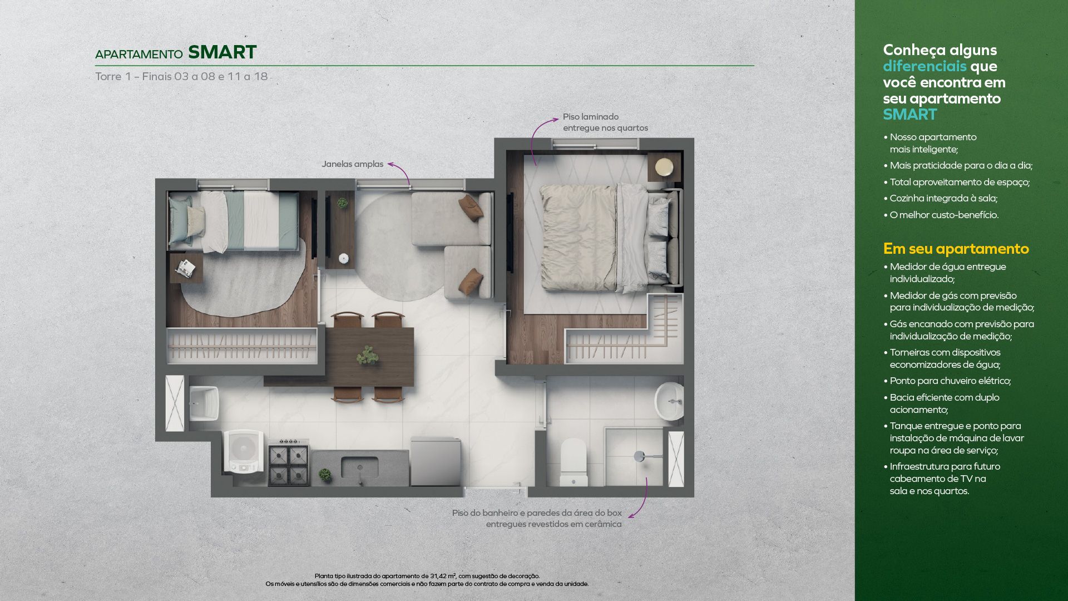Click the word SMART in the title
point(222,52)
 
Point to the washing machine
point(244,451)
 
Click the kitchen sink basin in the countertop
point(359,467)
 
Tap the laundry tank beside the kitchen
point(204,403)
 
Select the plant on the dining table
point(368,354)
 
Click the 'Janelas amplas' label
point(352,164)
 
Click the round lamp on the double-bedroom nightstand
point(664,167)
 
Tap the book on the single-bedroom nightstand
point(185,268)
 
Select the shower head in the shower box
point(639,456)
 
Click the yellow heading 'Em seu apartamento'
point(956,249)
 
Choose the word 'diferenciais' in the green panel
point(924,66)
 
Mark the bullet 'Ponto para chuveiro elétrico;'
point(947,381)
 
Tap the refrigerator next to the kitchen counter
point(436,462)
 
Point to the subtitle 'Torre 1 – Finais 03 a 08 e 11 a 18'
point(181,76)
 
